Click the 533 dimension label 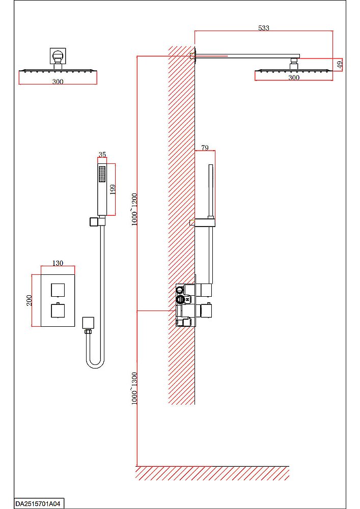[x=264, y=28]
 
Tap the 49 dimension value [x=340, y=64]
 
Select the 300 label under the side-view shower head [x=294, y=77]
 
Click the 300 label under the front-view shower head [x=58, y=82]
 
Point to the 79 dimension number [x=205, y=148]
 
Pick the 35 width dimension [x=102, y=155]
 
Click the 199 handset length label [x=113, y=189]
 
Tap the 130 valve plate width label [x=58, y=263]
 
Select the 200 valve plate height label [x=29, y=300]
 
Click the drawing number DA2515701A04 [x=38, y=504]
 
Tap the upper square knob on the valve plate [x=58, y=290]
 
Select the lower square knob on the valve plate [x=58, y=310]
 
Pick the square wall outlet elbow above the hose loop [x=88, y=323]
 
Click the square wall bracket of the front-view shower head [x=58, y=56]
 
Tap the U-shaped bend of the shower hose [x=95, y=363]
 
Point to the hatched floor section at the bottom [x=212, y=473]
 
